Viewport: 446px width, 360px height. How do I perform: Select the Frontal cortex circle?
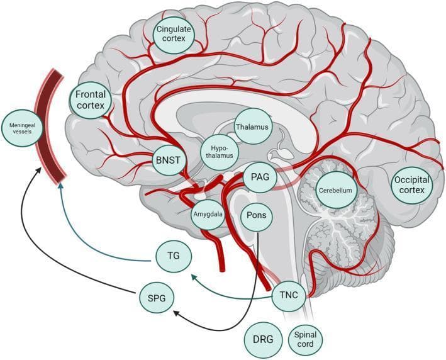(x=92, y=101)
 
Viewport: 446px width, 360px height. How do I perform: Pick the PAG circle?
(x=259, y=178)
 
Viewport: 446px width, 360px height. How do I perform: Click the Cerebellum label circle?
(x=333, y=189)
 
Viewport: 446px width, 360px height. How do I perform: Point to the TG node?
(x=174, y=257)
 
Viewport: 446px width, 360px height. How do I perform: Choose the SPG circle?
(x=155, y=298)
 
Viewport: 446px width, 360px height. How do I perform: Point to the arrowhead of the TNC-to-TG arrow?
(x=192, y=276)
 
